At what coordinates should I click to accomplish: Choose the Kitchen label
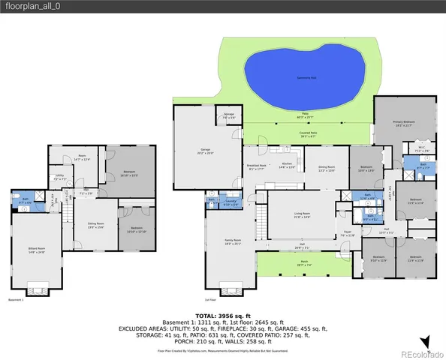point(287,165)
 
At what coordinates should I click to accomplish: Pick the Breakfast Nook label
point(256,167)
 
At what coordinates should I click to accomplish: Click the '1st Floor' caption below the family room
point(213,299)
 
